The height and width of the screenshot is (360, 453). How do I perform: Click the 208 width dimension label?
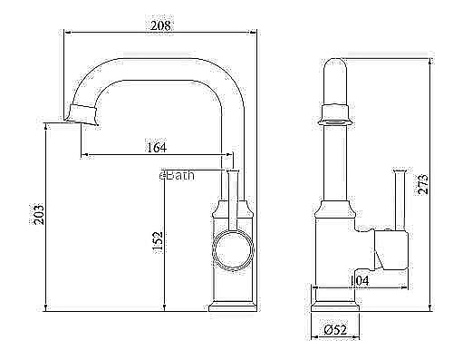coord(160,25)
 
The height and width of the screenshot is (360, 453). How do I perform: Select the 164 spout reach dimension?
coord(157,148)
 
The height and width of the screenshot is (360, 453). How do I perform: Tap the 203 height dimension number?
coord(39,215)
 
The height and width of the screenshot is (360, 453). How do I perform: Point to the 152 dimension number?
coord(158,243)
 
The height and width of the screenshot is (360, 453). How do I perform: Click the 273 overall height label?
coord(423,184)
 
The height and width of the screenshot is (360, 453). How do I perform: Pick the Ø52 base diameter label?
coord(335,330)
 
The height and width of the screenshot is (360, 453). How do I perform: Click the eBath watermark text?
coord(177,175)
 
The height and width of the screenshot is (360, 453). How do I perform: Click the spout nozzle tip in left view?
coord(82,115)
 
